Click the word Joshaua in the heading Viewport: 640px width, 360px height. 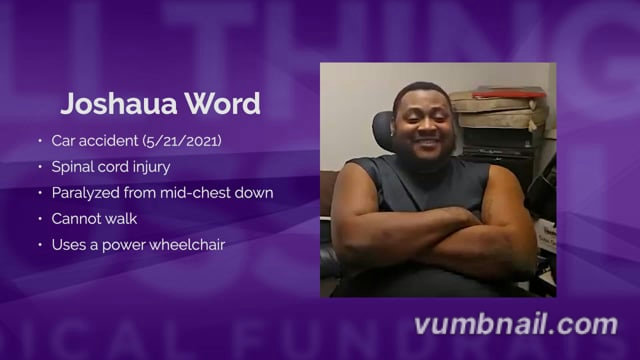tap(119, 104)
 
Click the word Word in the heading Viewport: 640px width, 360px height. tap(223, 104)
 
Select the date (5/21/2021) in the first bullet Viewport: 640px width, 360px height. tap(182, 141)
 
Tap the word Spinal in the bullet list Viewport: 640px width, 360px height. tap(70, 167)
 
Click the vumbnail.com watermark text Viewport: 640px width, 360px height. tap(516, 325)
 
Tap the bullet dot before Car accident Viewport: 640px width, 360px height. tap(40, 141)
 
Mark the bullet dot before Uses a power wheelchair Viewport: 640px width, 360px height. tap(40, 245)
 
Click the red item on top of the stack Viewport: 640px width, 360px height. tap(509, 92)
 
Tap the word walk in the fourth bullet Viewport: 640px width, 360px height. tap(121, 219)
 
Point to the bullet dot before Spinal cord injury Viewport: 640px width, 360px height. tap(40, 167)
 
